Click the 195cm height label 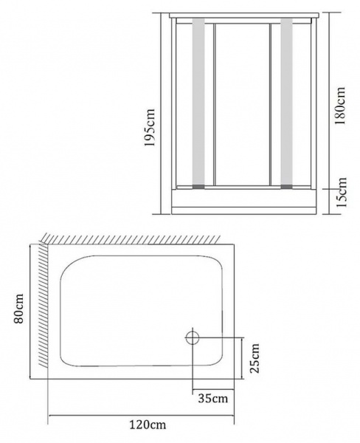pyautogui.click(x=150, y=127)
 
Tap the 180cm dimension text pyautogui.click(x=339, y=106)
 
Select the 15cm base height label pyautogui.click(x=342, y=193)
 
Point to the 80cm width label pyautogui.click(x=19, y=309)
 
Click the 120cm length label pyautogui.click(x=148, y=425)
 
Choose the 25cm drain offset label pyautogui.click(x=255, y=358)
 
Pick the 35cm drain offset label pyautogui.click(x=213, y=399)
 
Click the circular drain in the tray pyautogui.click(x=193, y=338)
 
